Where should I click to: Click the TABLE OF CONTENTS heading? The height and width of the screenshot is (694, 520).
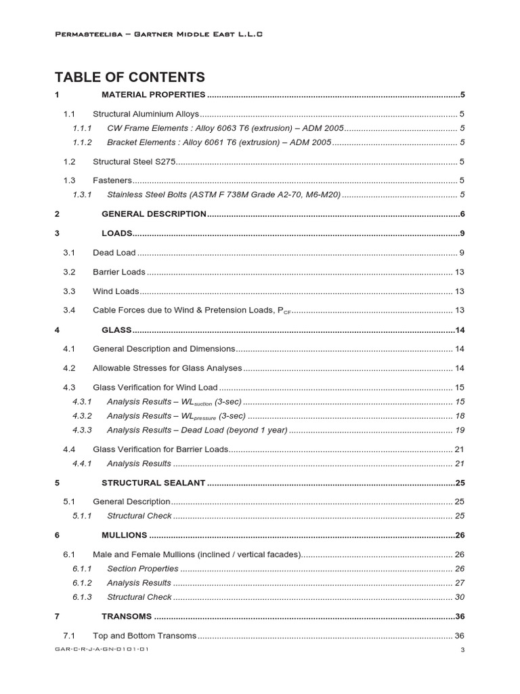click(129, 77)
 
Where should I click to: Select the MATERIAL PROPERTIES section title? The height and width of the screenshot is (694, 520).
click(153, 95)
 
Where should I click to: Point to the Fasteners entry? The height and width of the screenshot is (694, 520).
click(112, 180)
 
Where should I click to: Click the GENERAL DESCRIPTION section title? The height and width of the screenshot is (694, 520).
click(154, 214)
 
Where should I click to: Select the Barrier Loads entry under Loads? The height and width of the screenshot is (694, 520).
click(118, 272)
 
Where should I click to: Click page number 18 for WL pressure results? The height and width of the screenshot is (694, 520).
click(460, 415)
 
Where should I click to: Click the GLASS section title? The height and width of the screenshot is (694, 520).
click(116, 330)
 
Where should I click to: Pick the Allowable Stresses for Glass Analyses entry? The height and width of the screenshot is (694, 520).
click(167, 368)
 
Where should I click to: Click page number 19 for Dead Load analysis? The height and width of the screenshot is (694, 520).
click(460, 430)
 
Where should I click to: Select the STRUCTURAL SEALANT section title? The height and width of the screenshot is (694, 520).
click(153, 483)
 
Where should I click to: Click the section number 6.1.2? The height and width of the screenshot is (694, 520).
click(82, 583)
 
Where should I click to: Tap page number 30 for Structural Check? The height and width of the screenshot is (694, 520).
click(460, 597)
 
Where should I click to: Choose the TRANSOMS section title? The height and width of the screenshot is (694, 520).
click(127, 617)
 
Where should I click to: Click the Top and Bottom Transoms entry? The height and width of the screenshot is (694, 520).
click(144, 636)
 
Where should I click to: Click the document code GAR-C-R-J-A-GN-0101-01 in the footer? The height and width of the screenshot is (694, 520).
click(102, 649)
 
